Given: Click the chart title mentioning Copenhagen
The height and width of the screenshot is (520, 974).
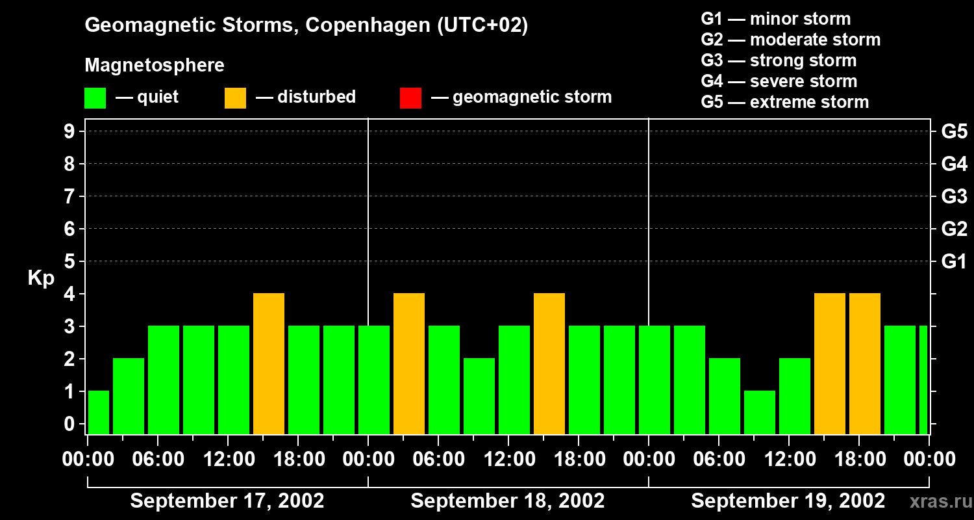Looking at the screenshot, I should click(306, 25).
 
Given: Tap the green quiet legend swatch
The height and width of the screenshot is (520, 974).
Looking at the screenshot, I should click(95, 97).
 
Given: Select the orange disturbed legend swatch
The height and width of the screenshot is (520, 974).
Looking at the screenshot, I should click(236, 97).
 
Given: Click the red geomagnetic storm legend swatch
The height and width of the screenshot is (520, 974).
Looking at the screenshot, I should click(411, 97).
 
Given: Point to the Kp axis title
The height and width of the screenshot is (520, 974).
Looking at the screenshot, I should click(41, 278).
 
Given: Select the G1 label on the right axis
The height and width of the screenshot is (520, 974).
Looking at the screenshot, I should click(954, 261).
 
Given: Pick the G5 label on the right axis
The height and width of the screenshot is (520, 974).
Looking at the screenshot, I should click(954, 131).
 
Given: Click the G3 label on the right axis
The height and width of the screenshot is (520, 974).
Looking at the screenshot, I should click(954, 196).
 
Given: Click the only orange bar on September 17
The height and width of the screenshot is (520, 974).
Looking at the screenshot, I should click(269, 363).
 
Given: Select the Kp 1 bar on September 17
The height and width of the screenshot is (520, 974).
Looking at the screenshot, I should click(99, 412).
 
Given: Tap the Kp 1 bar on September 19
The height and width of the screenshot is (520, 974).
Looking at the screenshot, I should click(760, 412).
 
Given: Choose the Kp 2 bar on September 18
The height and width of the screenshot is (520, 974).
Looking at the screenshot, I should click(479, 396).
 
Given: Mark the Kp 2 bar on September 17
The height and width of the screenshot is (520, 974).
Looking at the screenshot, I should click(129, 396).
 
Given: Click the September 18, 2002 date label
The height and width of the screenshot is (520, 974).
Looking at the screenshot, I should click(508, 501).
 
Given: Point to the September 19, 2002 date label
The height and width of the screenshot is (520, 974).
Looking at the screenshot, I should click(788, 501).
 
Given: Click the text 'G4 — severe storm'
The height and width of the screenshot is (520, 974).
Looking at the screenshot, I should click(779, 81).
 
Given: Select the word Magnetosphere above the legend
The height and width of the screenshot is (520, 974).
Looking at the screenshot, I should click(155, 66).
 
